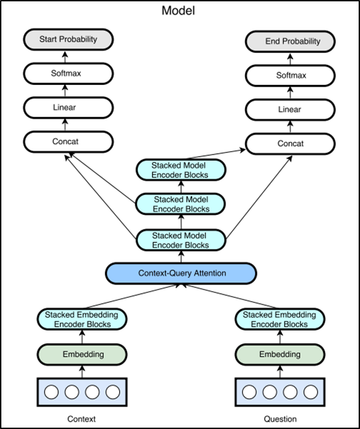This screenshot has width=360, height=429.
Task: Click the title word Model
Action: coord(180,11)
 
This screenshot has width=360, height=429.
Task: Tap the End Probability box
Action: coord(293,41)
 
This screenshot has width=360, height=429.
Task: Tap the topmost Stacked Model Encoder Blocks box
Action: coord(181,170)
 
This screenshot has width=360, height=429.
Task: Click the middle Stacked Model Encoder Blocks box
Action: coord(181,204)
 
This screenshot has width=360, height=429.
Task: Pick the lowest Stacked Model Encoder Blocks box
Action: coord(181,240)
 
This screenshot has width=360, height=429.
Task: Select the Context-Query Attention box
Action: coord(181,273)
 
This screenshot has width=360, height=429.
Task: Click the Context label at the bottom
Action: coord(82,419)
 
